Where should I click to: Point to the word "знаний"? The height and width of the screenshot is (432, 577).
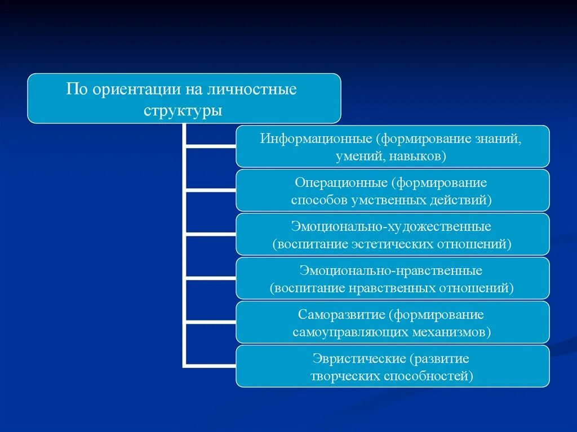(502, 139)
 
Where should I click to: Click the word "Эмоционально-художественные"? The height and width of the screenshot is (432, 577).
(391, 227)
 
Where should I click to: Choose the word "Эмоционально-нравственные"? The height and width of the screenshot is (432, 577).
(391, 271)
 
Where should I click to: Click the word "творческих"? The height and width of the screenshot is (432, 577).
(344, 376)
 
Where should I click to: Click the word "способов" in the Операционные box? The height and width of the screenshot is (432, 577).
(313, 200)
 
